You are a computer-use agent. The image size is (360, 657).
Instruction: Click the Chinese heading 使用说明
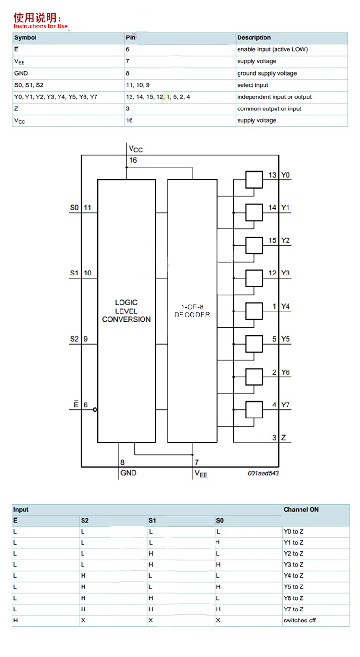[x=37, y=18]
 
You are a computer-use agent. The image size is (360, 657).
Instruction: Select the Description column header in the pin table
[x=254, y=37]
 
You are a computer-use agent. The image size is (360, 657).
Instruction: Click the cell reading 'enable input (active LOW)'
[x=272, y=49]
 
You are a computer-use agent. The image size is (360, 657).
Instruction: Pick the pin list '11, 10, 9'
[x=138, y=85]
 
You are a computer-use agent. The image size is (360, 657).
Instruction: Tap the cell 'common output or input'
[x=269, y=108]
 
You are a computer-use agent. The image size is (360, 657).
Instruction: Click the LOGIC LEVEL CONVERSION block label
[x=126, y=311]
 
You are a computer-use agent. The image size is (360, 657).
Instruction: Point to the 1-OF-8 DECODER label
[x=192, y=311]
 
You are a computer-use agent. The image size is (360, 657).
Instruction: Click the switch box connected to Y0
[x=254, y=179]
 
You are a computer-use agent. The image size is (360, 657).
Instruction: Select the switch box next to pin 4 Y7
[x=254, y=409]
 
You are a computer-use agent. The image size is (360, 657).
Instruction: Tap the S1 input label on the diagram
[x=74, y=273]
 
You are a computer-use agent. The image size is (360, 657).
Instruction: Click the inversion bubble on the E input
[x=95, y=410]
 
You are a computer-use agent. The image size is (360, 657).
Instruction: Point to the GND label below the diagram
[x=129, y=473]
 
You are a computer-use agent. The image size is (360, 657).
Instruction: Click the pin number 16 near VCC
[x=133, y=160]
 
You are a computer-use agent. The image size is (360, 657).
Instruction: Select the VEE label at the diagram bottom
[x=201, y=473]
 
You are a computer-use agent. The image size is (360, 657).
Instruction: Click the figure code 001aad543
[x=263, y=473]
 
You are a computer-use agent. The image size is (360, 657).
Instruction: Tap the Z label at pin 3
[x=283, y=438]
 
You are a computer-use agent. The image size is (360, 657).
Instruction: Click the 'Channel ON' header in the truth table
[x=301, y=510]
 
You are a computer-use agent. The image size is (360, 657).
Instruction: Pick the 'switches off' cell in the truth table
[x=300, y=621]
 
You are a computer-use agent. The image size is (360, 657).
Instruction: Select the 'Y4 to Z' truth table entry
[x=293, y=576]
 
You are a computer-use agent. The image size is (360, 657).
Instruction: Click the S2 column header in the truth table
[x=85, y=521]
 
